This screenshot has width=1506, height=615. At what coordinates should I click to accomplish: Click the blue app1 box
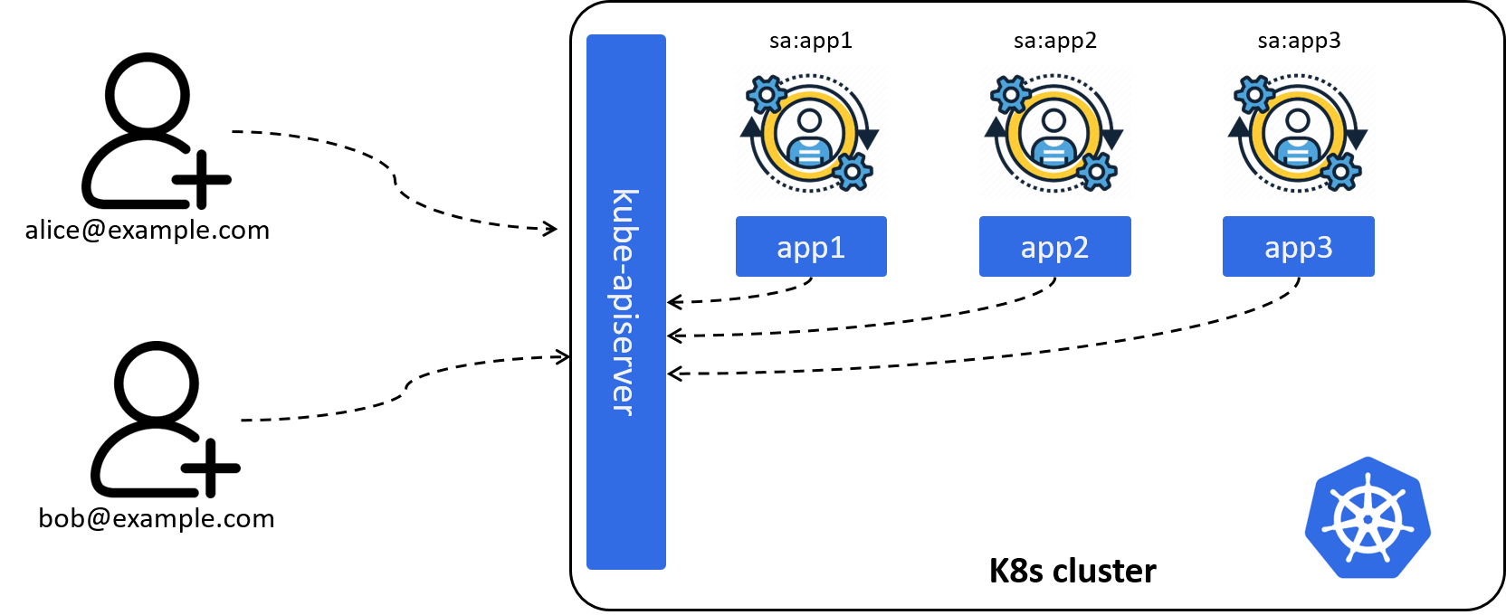(x=811, y=246)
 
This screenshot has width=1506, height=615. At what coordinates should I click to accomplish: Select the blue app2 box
(x=1054, y=246)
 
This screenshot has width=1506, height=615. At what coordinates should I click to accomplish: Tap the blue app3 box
(x=1298, y=246)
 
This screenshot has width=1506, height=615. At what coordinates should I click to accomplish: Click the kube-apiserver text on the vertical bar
(x=625, y=302)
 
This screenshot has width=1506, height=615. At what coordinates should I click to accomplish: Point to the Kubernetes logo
(x=1368, y=517)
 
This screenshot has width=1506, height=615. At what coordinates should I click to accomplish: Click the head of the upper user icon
(x=148, y=90)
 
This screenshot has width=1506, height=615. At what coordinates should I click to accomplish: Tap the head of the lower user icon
(x=156, y=379)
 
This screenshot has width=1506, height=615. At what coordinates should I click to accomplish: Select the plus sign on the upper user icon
(x=202, y=180)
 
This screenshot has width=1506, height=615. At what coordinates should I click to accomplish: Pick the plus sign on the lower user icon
(x=210, y=468)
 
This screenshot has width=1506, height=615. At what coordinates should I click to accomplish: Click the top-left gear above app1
(x=767, y=94)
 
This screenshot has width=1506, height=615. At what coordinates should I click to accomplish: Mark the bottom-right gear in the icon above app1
(x=851, y=171)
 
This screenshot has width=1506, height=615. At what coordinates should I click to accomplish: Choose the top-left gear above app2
(x=1011, y=94)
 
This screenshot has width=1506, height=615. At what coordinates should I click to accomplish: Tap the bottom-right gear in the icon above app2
(x=1095, y=171)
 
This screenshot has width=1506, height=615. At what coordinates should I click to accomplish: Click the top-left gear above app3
(x=1254, y=94)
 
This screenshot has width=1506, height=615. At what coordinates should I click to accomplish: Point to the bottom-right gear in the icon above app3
(x=1339, y=171)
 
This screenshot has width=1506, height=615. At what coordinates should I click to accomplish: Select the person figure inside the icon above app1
(x=809, y=137)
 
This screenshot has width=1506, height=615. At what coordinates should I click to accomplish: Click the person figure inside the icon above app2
(x=1053, y=137)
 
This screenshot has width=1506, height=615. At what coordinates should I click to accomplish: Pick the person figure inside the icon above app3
(x=1297, y=137)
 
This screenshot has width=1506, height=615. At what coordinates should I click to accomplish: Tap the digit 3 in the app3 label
(x=1324, y=247)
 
